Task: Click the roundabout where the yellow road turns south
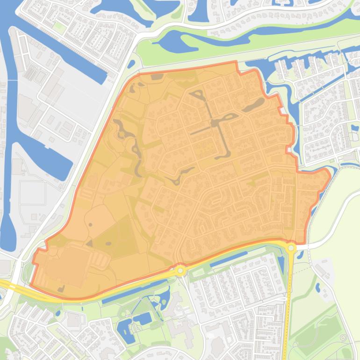[291, 248]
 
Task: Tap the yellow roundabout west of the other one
[181, 270]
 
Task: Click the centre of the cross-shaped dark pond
[216, 123]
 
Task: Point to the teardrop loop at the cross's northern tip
[197, 95]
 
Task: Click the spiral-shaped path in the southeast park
[345, 337]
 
